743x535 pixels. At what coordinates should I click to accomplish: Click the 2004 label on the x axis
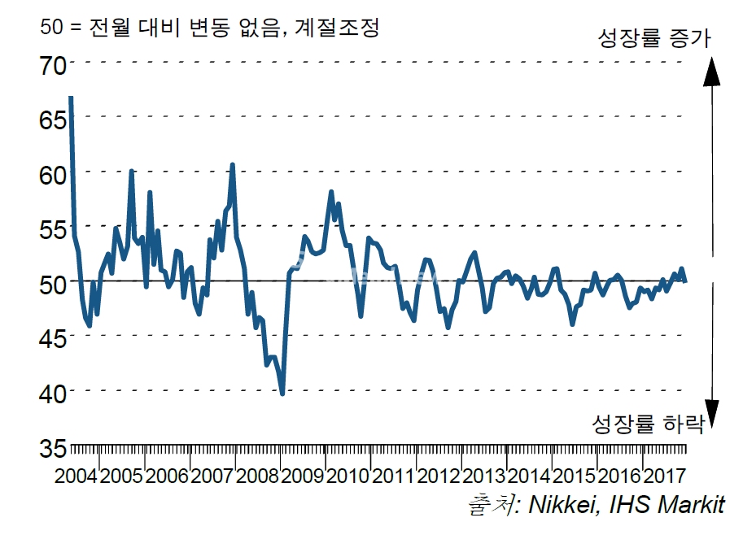[76, 476]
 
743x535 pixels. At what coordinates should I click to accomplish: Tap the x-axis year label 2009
[304, 476]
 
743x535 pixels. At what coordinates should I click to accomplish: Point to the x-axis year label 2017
[665, 476]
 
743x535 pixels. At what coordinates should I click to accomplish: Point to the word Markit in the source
[688, 505]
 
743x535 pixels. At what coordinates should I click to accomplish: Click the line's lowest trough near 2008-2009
[282, 394]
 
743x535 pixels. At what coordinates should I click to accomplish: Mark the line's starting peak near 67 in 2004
[71, 98]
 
